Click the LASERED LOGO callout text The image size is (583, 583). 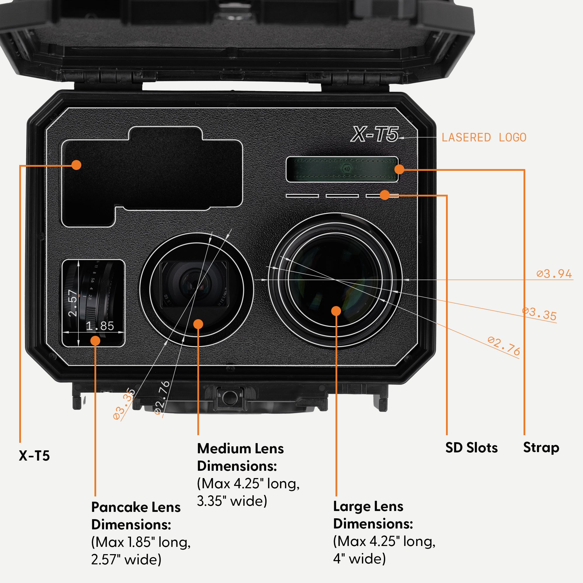coord(484,138)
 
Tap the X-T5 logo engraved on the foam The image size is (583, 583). coord(374,134)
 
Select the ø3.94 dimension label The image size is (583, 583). coord(554,274)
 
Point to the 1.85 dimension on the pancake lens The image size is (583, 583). coord(100,326)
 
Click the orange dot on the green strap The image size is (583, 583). coord(399,169)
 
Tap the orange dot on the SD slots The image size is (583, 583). coord(385,195)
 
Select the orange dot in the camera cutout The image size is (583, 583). coord(76,165)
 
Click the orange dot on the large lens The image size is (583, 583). coord(336,311)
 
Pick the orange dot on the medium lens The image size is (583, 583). coord(198,324)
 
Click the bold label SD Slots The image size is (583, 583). coord(471,447)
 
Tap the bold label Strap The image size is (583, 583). coord(541,447)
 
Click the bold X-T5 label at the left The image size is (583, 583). coord(34,456)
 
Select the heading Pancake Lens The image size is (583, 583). coord(136,507)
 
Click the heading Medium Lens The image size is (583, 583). coord(240,449)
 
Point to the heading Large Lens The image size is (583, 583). coord(368,506)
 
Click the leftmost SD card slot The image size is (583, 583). coord(302,196)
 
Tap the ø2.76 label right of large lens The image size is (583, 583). coord(504,346)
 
